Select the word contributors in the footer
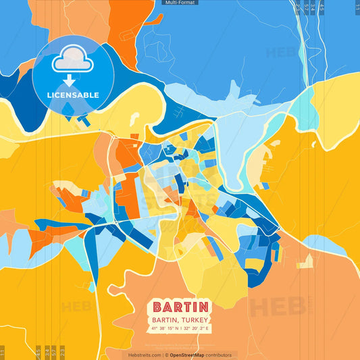219,355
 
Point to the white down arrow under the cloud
72,81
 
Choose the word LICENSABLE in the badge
73,95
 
